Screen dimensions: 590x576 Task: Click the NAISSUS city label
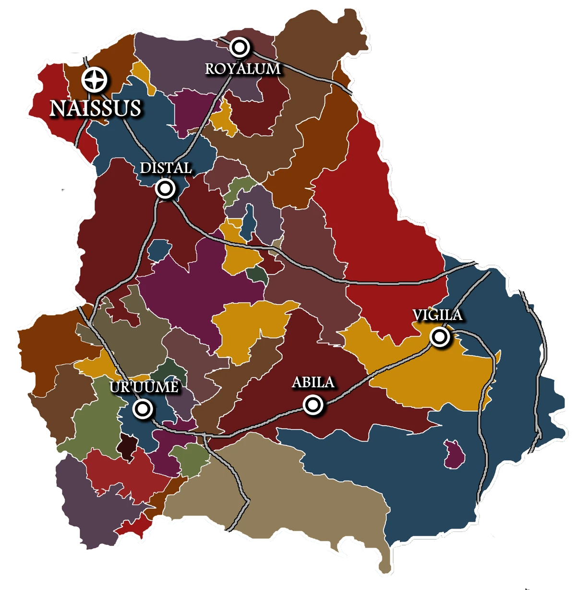coord(96,108)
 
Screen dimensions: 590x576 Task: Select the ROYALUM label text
coord(242,68)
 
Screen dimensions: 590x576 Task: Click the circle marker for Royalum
coord(239,47)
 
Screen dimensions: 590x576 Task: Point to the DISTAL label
coord(166,168)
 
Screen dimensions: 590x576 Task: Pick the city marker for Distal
coord(165,189)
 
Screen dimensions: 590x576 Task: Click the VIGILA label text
coord(437,315)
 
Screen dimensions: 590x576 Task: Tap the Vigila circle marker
coord(439,337)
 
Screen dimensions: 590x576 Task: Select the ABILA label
coord(313,383)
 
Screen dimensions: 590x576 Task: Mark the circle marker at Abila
coord(313,405)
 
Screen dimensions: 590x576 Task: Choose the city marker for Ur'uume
coord(143,409)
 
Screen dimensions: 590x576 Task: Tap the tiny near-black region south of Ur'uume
coord(127,446)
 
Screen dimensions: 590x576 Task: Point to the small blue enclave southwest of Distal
coord(158,250)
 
